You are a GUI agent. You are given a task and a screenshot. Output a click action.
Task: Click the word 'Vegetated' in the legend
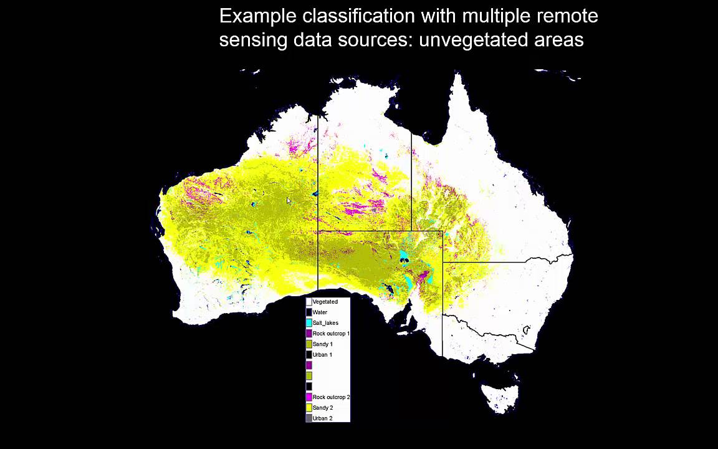tap(325, 302)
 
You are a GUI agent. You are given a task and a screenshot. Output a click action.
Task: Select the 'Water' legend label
tap(320, 312)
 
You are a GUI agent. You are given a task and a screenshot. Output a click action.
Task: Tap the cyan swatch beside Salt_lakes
tap(309, 323)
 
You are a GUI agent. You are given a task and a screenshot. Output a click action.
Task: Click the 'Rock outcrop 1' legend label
tap(331, 334)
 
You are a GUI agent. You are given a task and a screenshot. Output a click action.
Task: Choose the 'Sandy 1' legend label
tap(322, 344)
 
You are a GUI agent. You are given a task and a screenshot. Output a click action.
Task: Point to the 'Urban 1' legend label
tap(322, 355)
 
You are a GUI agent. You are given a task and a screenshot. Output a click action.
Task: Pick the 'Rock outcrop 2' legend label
tap(331, 397)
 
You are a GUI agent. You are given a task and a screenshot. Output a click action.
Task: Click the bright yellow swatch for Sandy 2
tap(309, 408)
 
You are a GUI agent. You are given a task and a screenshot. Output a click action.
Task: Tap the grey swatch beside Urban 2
tap(309, 418)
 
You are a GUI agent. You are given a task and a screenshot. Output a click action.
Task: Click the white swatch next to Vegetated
tap(309, 302)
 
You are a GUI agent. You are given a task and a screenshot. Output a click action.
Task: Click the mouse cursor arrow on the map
tap(289, 201)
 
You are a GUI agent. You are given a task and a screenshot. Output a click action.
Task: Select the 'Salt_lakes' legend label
tap(325, 323)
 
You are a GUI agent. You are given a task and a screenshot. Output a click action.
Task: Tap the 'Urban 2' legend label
tap(322, 418)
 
